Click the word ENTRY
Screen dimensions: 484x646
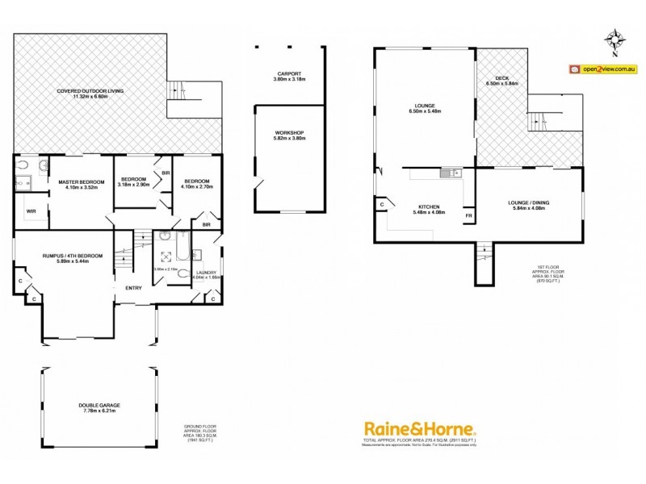pyautogui.click(x=133, y=288)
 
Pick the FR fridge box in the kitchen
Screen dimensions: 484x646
pyautogui.click(x=468, y=215)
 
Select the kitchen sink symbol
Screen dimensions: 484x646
pyautogui.click(x=449, y=172)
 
